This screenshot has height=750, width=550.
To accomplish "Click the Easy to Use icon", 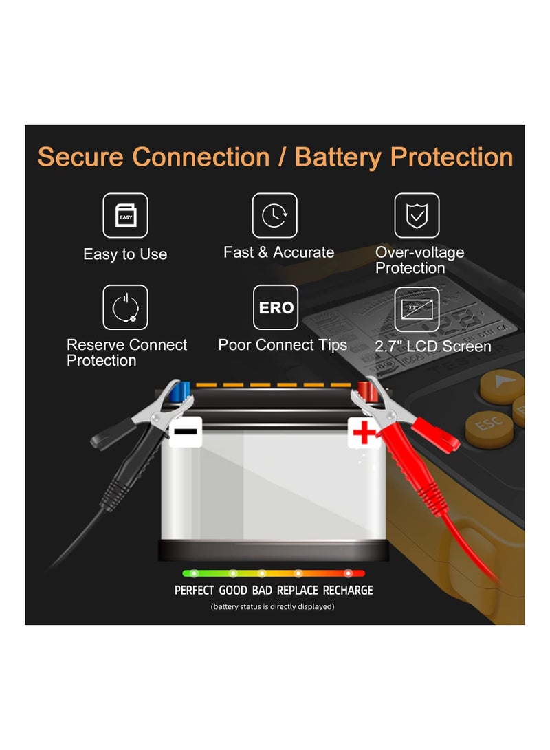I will (x=125, y=216).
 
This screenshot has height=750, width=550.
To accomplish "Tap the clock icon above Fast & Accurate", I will (x=275, y=216).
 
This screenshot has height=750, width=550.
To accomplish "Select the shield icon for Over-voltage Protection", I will (x=417, y=216).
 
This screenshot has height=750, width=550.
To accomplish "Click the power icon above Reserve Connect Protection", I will (x=125, y=307).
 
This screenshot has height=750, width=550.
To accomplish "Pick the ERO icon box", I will (x=276, y=307).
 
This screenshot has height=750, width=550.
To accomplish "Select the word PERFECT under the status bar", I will (x=195, y=591).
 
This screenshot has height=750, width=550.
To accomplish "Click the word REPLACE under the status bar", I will (x=298, y=591).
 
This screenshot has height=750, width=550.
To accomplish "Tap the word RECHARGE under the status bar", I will (x=348, y=591).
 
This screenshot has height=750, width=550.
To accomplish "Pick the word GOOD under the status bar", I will (x=233, y=591).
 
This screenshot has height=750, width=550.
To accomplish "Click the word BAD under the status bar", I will (x=262, y=591).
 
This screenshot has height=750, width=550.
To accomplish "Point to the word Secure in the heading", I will (x=81, y=157).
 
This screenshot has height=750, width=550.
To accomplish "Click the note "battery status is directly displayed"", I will (x=272, y=606).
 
